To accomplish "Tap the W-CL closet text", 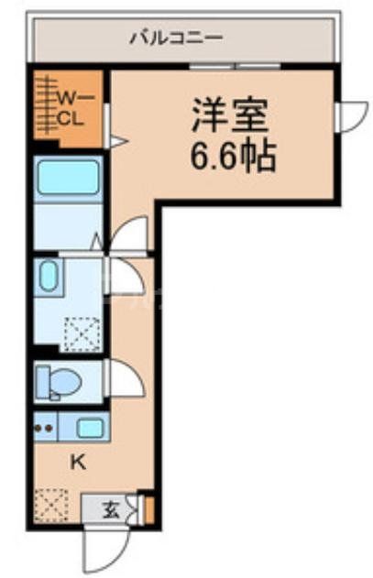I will pyautogui.click(x=71, y=106).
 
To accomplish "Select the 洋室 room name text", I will pyautogui.click(x=228, y=118).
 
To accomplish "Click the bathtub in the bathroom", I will pyautogui.click(x=68, y=178).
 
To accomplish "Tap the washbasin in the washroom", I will pyautogui.click(x=49, y=278).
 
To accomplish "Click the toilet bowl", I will pyautogui.click(x=57, y=382).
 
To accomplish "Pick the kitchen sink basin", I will pyautogui.click(x=90, y=427).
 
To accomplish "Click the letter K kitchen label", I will pyautogui.click(x=78, y=462).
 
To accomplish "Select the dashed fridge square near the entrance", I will pyautogui.click(x=49, y=506).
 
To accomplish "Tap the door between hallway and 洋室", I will pyautogui.click(x=128, y=234).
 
